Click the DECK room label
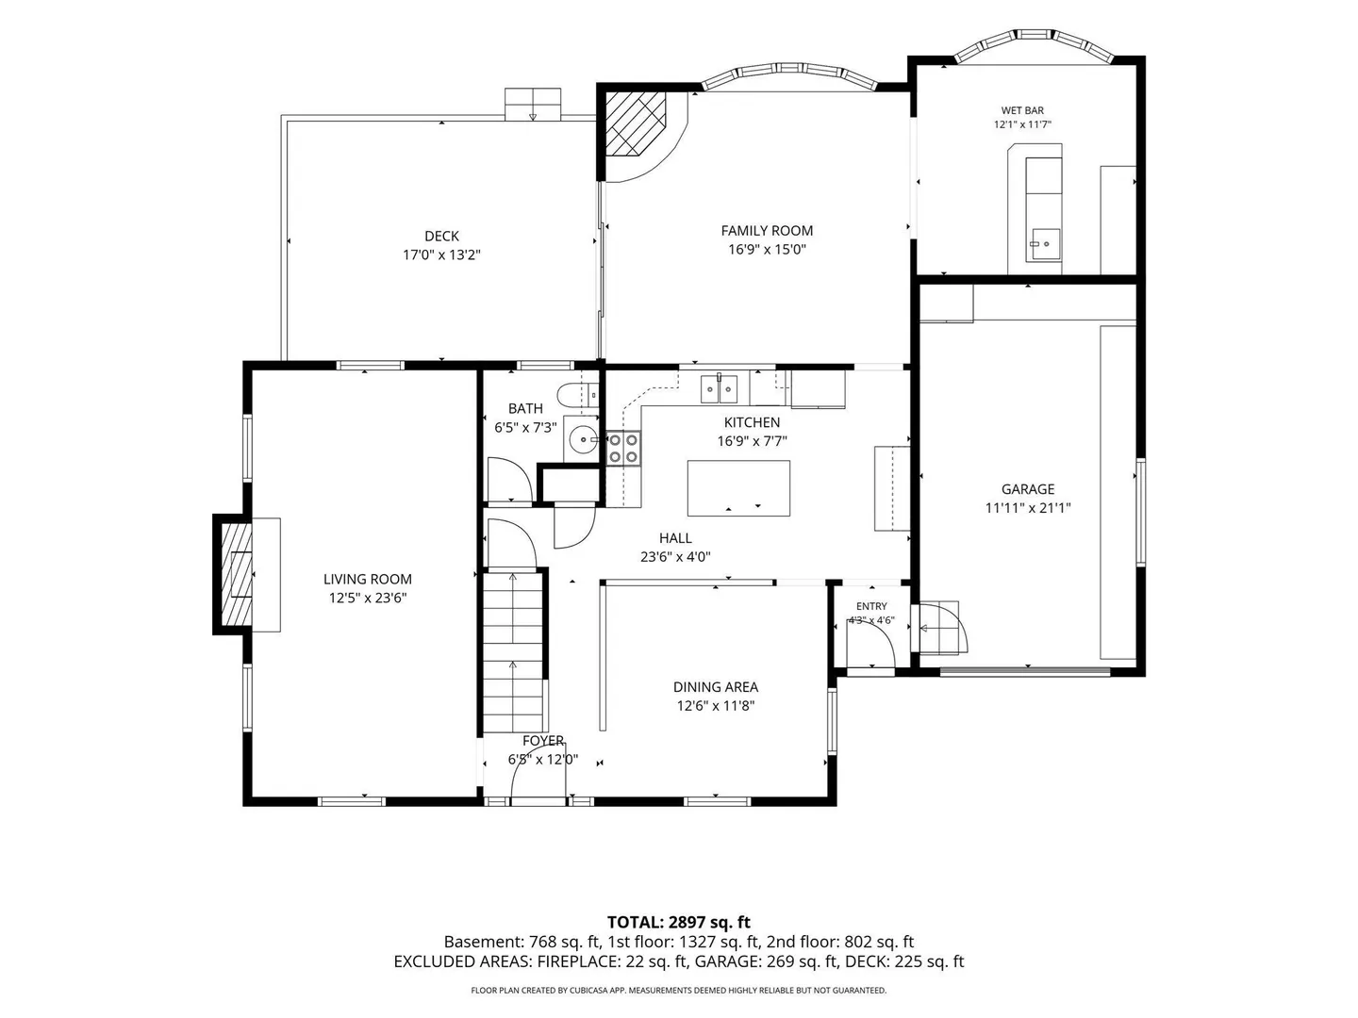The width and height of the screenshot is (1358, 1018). tap(441, 236)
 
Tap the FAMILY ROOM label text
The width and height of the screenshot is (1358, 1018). tap(767, 231)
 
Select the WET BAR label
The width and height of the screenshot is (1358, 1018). tap(1022, 110)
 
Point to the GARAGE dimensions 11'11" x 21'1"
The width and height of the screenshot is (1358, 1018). tap(1028, 508)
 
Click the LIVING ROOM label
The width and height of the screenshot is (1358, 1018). tap(368, 579)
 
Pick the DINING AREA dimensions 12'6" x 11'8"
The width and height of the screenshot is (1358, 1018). tap(715, 705)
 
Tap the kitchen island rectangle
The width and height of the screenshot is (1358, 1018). tap(738, 487)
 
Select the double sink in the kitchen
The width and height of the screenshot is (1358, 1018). tap(719, 388)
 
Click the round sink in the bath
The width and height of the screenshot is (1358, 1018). tap(582, 439)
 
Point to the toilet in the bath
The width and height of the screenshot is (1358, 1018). tap(577, 394)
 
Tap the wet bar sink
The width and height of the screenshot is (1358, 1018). tap(1044, 245)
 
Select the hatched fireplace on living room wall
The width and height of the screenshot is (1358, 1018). tap(236, 575)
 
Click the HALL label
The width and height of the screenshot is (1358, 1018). tap(675, 537)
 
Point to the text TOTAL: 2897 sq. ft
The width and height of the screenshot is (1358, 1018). tap(678, 922)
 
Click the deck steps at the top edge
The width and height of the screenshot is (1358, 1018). tap(533, 104)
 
